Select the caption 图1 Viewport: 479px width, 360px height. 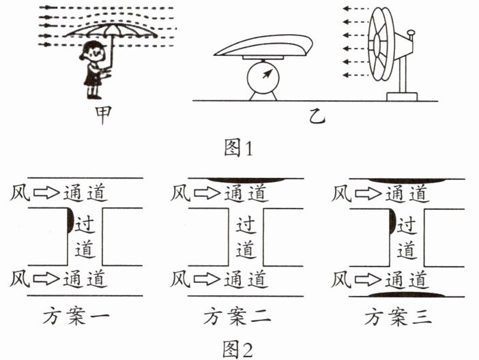pos(238,147)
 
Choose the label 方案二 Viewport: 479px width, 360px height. pos(237,316)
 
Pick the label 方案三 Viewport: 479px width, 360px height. pos(397,316)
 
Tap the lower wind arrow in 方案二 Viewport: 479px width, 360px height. pos(206,279)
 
